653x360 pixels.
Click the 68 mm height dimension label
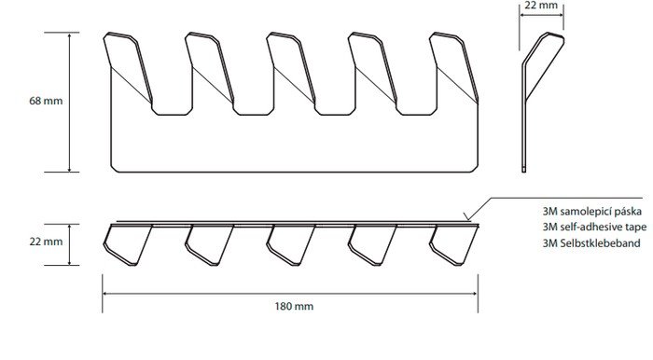(46, 101)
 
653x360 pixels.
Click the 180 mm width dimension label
(294, 306)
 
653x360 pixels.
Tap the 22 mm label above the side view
(541, 6)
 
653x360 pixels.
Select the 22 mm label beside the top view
(46, 242)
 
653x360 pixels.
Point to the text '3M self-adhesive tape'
(594, 227)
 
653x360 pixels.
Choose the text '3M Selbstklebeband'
(590, 242)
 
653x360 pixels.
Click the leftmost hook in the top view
(128, 244)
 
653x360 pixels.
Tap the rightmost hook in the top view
(454, 244)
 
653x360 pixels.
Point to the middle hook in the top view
(291, 244)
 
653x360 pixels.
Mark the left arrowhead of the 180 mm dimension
(104, 294)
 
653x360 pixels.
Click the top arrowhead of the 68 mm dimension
(70, 35)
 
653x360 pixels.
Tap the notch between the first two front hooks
(172, 109)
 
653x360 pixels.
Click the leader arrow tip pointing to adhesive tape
(467, 219)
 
